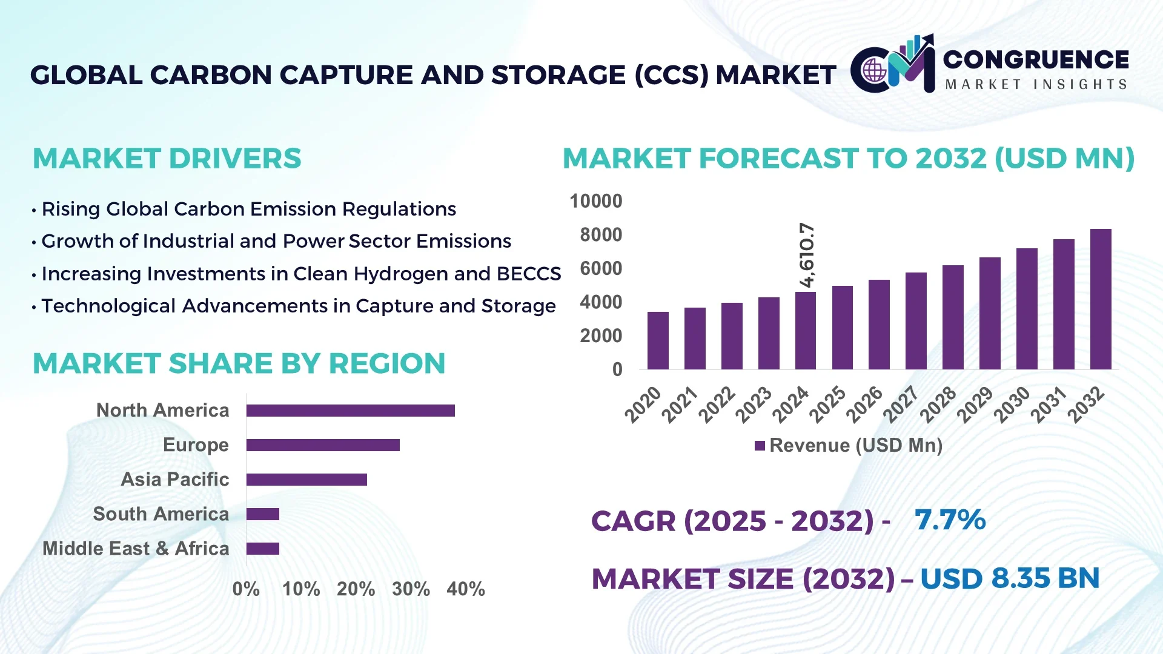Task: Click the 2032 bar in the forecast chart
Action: (1100, 299)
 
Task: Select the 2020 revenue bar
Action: (658, 340)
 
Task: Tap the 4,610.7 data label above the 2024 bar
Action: (807, 255)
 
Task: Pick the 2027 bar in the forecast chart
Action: (916, 321)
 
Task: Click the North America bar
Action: (350, 411)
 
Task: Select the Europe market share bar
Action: (323, 445)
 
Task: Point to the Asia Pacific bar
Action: (306, 480)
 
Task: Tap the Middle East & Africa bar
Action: (263, 549)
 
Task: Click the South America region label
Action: (161, 514)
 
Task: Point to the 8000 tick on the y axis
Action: (600, 235)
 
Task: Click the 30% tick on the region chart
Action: (411, 589)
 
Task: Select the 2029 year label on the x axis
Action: (975, 404)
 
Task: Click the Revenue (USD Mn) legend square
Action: (760, 446)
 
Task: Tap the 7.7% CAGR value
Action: (950, 520)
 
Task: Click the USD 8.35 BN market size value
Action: (1010, 578)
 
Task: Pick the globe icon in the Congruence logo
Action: (875, 71)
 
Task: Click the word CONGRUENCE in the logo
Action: (1036, 59)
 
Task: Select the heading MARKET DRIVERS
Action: (167, 159)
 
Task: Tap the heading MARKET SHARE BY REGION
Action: (239, 363)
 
